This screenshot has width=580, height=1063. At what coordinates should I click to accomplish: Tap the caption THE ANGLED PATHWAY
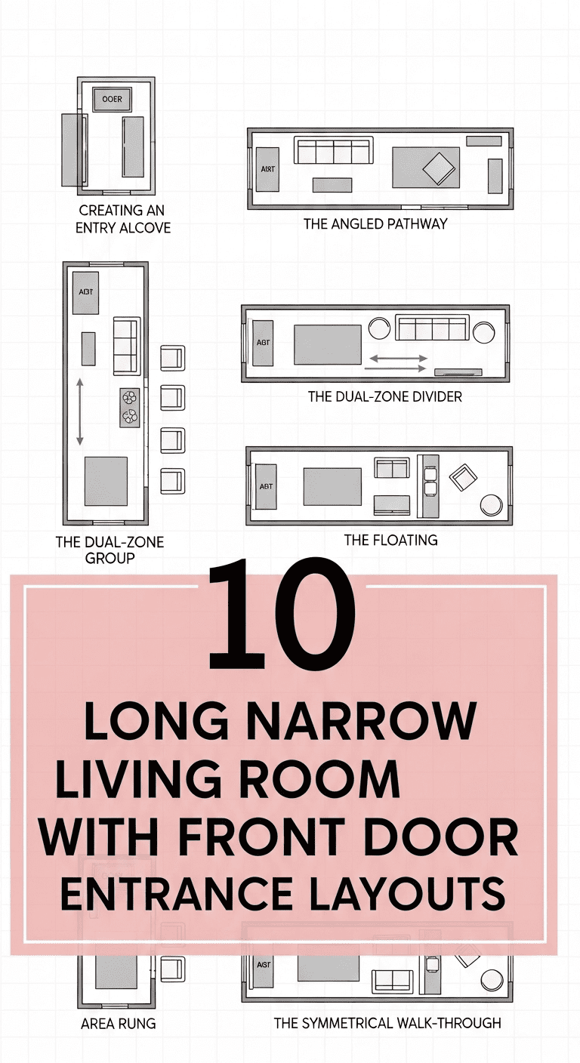click(375, 223)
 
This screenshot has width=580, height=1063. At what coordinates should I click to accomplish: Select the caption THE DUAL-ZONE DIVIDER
click(384, 396)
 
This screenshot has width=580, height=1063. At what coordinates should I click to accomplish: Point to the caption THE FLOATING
click(390, 540)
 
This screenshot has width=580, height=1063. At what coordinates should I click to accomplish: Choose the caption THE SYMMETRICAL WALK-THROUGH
click(387, 1023)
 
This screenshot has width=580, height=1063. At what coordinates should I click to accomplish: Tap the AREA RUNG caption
click(119, 1024)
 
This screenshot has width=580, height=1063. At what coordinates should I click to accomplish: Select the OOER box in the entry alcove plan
click(112, 99)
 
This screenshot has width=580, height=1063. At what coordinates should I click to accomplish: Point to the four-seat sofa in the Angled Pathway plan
click(334, 152)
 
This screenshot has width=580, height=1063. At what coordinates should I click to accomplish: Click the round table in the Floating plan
click(492, 504)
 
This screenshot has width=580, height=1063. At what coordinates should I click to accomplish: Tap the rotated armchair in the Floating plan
click(462, 477)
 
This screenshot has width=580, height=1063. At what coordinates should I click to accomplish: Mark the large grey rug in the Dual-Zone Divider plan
click(327, 344)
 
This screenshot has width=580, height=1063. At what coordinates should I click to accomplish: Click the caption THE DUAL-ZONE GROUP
click(110, 550)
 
